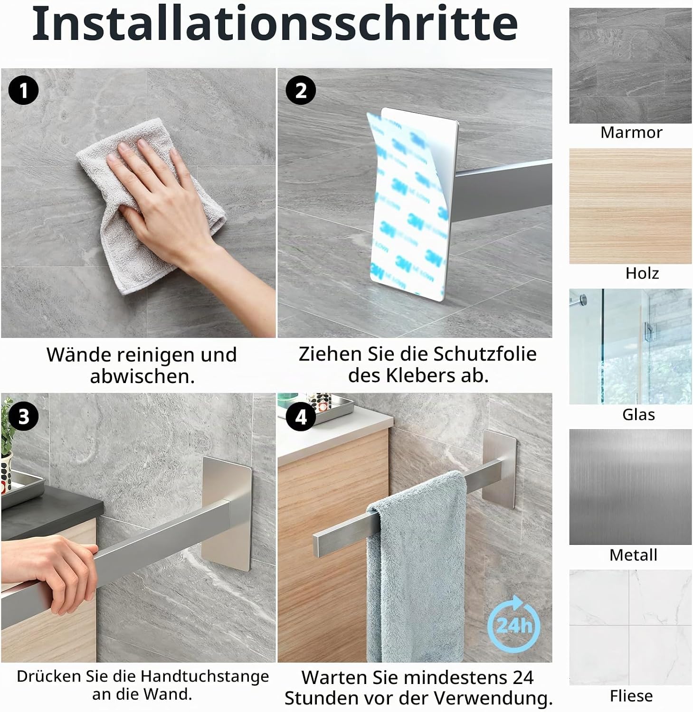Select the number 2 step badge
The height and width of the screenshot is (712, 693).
coord(301,90)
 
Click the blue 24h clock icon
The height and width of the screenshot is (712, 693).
coord(514,623)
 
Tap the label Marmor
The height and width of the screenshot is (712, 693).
coord(631,132)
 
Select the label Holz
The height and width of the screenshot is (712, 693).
coord(642,273)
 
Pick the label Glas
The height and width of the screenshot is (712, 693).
coord(638,414)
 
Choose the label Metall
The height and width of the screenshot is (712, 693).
coord(633,554)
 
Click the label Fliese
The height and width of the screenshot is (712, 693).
coord(631,696)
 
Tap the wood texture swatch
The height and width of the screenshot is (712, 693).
coord(630,206)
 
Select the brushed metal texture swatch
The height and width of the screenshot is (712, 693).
coord(630,487)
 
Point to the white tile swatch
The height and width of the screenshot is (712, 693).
coord(630,628)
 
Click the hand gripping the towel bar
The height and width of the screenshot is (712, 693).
coord(47,574)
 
